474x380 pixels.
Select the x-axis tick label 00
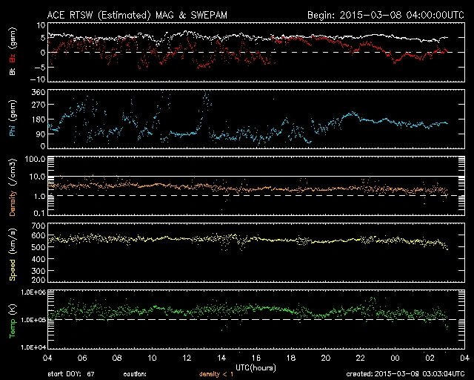pos(395,358)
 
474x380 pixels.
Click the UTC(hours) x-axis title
pos(256,366)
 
